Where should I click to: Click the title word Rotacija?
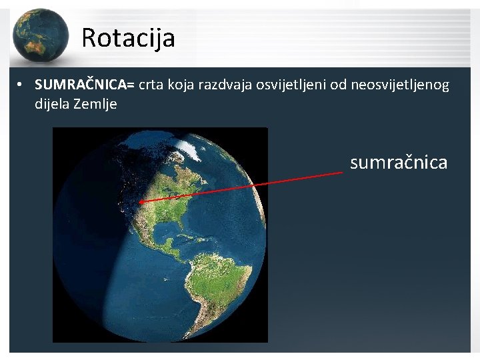(x=128, y=38)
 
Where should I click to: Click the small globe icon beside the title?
(x=39, y=35)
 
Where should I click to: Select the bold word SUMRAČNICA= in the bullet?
(x=85, y=85)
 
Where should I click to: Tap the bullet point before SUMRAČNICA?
(x=22, y=85)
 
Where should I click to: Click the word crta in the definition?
(x=151, y=85)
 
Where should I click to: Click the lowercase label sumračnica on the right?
(x=399, y=162)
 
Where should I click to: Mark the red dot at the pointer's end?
(x=141, y=201)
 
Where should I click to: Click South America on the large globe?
(x=213, y=287)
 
